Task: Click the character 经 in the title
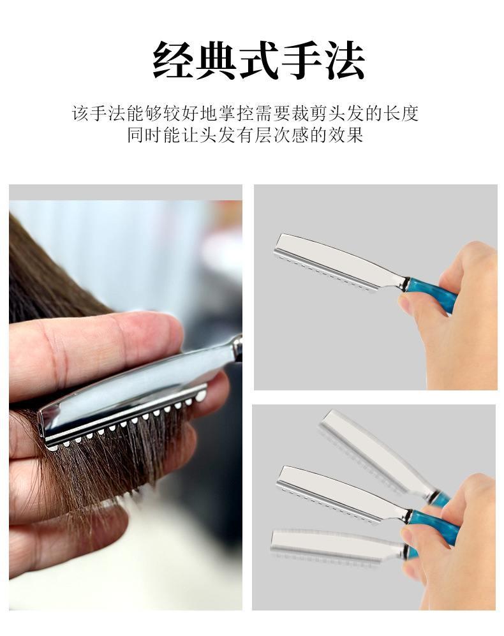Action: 174,60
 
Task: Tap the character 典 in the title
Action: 217,60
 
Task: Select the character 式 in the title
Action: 259,60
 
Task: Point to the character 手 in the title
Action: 302,60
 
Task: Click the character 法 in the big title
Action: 345,60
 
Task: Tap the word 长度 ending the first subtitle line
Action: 401,114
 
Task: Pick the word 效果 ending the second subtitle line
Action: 346,135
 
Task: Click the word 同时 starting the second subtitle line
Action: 145,135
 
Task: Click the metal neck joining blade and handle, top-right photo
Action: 404,283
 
